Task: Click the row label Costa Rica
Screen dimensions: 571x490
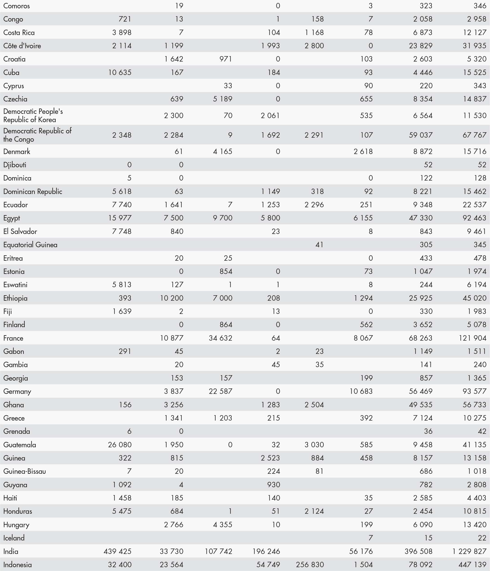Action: pos(19,33)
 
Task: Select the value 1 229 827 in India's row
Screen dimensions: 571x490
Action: pos(469,551)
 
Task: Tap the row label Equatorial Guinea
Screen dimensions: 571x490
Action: pos(30,245)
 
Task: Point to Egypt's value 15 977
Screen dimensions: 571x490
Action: pos(120,218)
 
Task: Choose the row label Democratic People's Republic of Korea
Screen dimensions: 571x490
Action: pos(33,115)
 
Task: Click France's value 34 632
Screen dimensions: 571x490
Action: pos(221,338)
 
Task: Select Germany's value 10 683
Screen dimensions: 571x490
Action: pos(361,391)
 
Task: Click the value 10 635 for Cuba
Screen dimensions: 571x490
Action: pos(120,73)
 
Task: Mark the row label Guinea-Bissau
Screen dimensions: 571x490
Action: pos(24,471)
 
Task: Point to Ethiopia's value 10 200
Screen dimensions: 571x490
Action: pos(172,298)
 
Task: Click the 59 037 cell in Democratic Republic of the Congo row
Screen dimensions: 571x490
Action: pos(421,135)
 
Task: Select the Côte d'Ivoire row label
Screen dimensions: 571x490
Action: pos(22,46)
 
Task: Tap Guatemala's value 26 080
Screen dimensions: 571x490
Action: pos(120,445)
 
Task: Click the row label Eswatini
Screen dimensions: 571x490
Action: pos(15,285)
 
